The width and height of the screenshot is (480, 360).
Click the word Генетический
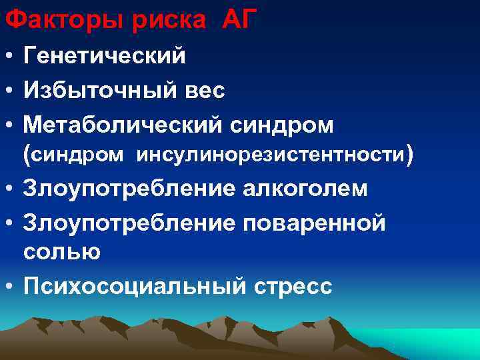(105, 57)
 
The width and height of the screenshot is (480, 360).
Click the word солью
(62, 252)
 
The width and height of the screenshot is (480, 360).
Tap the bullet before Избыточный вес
(9, 91)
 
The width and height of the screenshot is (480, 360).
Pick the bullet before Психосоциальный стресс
(9, 287)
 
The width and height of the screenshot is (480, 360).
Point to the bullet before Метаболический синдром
(9, 125)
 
